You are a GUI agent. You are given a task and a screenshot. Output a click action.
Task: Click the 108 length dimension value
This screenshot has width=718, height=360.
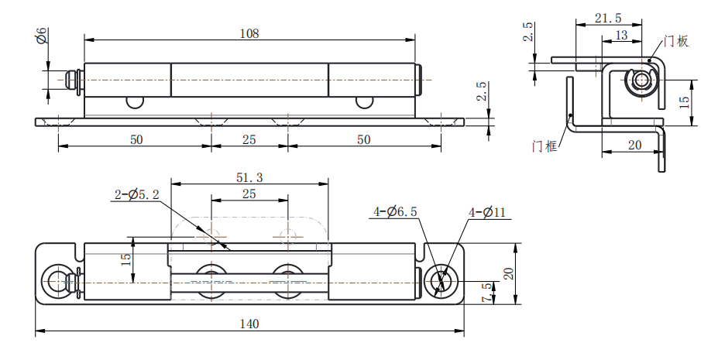249,33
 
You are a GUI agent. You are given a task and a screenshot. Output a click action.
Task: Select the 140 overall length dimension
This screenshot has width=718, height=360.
249,324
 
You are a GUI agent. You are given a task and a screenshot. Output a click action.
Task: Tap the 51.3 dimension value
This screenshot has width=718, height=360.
249,177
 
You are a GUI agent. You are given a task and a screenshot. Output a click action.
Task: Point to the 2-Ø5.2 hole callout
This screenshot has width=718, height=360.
136,195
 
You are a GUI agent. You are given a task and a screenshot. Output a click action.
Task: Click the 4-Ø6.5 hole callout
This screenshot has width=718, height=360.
395,212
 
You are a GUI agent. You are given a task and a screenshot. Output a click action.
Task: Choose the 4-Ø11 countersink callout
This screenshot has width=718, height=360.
486,212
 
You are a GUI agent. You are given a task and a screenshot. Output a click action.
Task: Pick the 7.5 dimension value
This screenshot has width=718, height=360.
488,293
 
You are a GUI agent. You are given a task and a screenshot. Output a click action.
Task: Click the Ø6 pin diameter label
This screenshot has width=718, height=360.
41,36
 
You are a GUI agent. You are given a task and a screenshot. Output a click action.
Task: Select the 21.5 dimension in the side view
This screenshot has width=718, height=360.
608,18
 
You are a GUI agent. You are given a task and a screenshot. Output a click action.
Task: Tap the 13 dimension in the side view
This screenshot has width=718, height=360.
621,35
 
